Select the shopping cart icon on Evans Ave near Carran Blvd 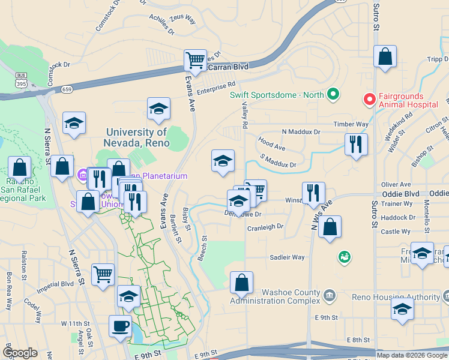click(195, 61)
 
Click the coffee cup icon click(120, 326)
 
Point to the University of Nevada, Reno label click(137, 137)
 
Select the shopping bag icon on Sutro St click(385, 57)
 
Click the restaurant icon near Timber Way click(356, 145)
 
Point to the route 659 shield click(67, 89)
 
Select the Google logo click(20, 353)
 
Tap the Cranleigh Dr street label click(265, 227)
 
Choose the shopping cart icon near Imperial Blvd click(103, 275)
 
